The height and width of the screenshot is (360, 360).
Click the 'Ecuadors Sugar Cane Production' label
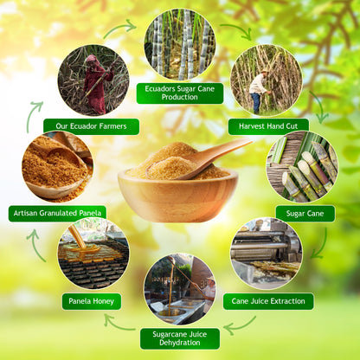coord(180,93)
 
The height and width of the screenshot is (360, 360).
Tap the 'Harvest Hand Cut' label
coord(268,126)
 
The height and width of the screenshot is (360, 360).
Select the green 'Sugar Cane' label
coord(305,214)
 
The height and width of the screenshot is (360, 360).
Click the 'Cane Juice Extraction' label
coord(268,301)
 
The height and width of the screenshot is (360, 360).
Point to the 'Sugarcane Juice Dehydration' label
coord(180,338)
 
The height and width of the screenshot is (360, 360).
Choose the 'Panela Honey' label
coord(92,301)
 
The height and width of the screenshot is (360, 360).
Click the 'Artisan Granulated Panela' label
coord(57,214)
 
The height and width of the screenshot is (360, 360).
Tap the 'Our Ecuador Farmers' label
coord(91,126)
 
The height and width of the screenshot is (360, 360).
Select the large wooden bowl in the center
coord(177,195)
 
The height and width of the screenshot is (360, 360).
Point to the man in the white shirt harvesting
coord(259,91)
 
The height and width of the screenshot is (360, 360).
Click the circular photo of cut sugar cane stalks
coord(302,166)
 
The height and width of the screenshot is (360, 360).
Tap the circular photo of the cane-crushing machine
coord(267,254)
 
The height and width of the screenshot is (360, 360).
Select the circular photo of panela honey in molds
coord(93,254)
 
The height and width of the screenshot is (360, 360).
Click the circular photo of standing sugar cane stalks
coord(180,44)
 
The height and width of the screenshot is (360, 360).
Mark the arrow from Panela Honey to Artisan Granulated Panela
coord(35,245)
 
